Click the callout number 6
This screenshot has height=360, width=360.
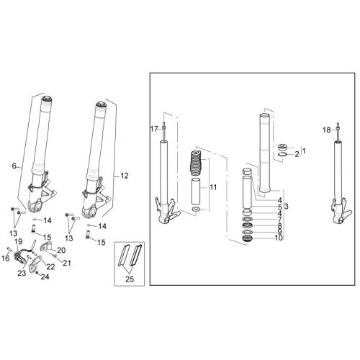coord(14,166)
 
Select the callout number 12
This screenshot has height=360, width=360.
coord(125,176)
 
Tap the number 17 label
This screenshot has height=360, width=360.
coord(154,129)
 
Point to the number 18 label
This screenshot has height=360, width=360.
coord(327,130)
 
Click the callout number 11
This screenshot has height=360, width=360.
coord(213,187)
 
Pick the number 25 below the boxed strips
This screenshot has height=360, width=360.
coord(130,279)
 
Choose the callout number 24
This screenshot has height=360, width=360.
coord(45,277)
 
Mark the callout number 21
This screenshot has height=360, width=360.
coord(67,263)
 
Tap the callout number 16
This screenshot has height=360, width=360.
coord(6,258)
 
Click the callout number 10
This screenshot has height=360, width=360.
coord(279,238)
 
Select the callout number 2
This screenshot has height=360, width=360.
coord(297,154)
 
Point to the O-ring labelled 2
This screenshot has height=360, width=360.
coord(282,154)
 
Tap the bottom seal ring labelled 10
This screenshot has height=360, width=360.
coord(248,239)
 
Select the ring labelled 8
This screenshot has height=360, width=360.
coord(248,226)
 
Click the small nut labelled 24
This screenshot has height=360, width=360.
coord(37,273)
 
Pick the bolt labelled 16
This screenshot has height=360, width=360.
coord(9,249)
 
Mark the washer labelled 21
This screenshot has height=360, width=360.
coord(55,256)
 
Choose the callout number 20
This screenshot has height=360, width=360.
coord(61,251)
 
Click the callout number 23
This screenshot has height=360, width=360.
coord(22,273)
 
